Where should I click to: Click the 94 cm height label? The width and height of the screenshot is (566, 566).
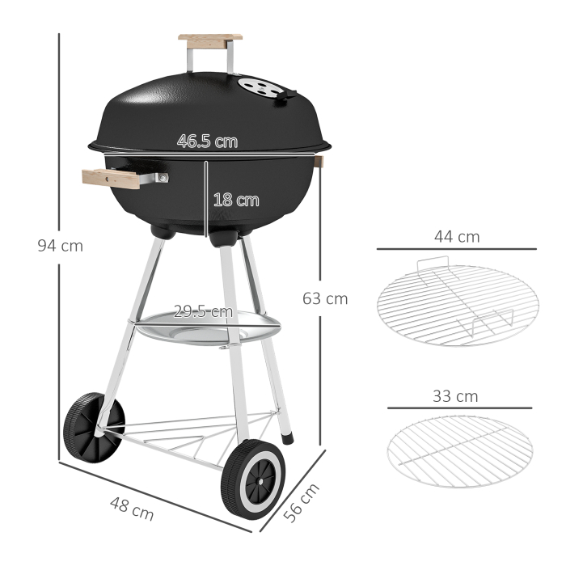coord(60,246)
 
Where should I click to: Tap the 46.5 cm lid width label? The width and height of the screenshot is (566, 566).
coord(208,141)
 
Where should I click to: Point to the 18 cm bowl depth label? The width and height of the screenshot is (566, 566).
coord(236,200)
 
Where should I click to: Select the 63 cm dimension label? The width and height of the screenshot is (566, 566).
coord(325,298)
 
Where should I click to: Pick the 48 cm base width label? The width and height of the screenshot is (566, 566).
coord(132,507)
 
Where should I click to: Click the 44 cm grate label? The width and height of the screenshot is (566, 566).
coord(457,237)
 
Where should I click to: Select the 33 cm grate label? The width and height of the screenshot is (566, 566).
coord(456,396)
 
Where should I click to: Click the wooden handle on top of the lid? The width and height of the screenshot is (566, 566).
coord(210,39)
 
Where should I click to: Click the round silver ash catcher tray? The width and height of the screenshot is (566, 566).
coord(207,327)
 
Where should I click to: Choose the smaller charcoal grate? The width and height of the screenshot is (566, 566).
coord(459,453)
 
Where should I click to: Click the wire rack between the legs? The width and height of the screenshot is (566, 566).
coord(194,437)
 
